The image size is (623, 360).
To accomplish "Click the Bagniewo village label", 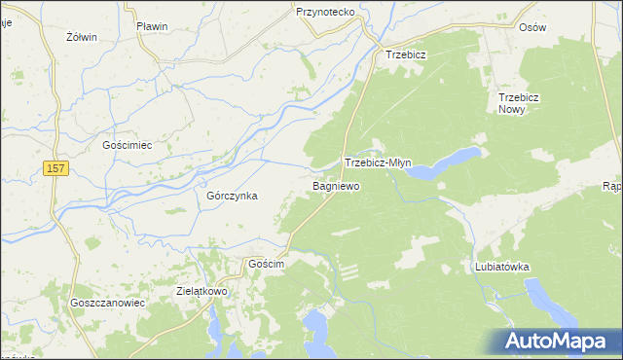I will pyautogui.click(x=336, y=185).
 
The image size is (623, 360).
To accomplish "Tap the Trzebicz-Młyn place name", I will pyautogui.click(x=384, y=163).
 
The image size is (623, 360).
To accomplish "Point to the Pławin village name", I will pyautogui.click(x=153, y=26).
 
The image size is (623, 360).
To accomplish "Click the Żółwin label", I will pyautogui.click(x=82, y=37).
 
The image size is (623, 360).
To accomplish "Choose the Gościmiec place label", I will pyautogui.click(x=128, y=145).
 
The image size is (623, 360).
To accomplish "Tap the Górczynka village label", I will pyautogui.click(x=232, y=196).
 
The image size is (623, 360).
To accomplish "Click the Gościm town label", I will pyautogui.click(x=266, y=265).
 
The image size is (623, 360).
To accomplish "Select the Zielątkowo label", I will pyautogui.click(x=202, y=291).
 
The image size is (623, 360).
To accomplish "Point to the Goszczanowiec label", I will pyautogui.click(x=107, y=303).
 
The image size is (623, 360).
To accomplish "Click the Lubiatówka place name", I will pyautogui.click(x=501, y=266).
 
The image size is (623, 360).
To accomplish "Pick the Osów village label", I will pyautogui.click(x=560, y=27).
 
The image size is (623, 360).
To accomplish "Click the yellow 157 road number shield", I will pyautogui.click(x=56, y=169).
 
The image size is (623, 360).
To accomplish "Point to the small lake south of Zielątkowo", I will pyautogui.click(x=214, y=329).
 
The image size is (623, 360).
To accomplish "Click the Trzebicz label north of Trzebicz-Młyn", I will pyautogui.click(x=406, y=54).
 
